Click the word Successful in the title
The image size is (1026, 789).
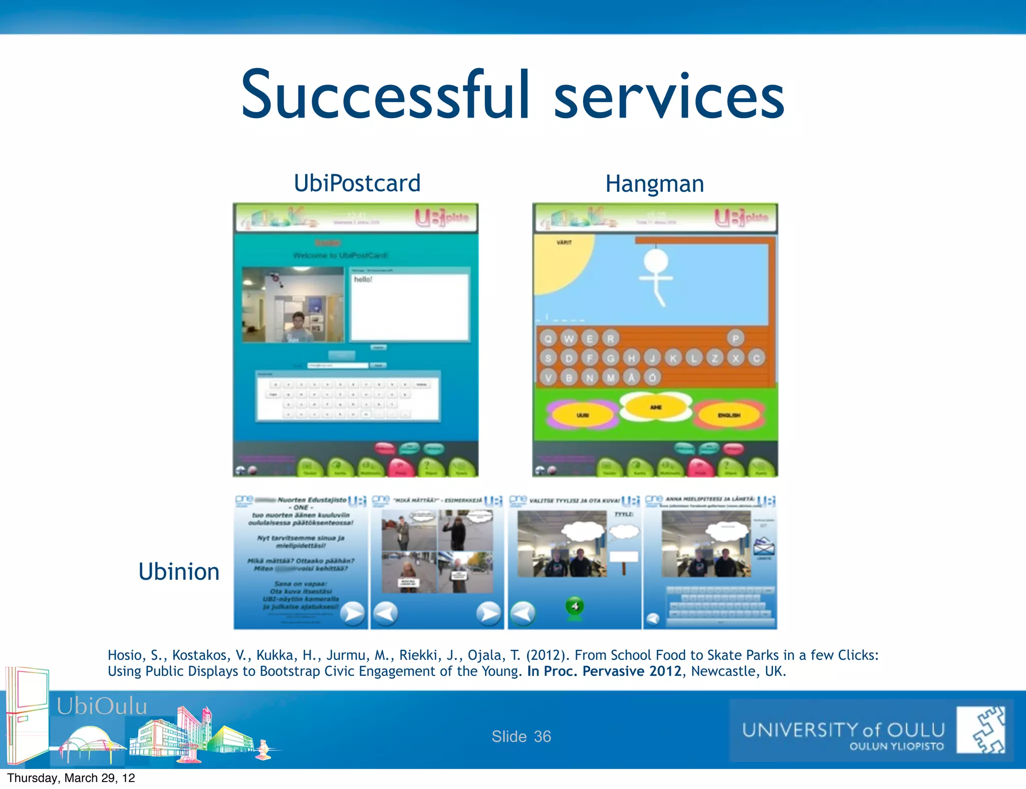tap(385, 95)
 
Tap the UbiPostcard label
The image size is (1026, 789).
tap(357, 183)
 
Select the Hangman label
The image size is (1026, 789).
tap(654, 184)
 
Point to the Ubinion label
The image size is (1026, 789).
tap(179, 572)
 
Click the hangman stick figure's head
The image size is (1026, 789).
tap(655, 261)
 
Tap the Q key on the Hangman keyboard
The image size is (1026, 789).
tap(549, 339)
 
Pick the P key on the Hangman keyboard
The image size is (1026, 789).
tap(735, 339)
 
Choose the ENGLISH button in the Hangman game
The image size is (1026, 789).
tap(729, 415)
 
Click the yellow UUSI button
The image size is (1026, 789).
tap(583, 415)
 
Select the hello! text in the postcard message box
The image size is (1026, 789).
tap(363, 279)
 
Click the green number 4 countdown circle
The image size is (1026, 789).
tap(575, 606)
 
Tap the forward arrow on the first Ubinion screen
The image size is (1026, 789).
tap(353, 613)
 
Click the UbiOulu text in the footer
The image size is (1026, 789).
tap(102, 706)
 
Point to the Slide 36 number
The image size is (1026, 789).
tap(521, 736)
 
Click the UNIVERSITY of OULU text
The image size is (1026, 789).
tap(843, 730)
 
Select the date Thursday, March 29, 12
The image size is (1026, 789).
tap(71, 778)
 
